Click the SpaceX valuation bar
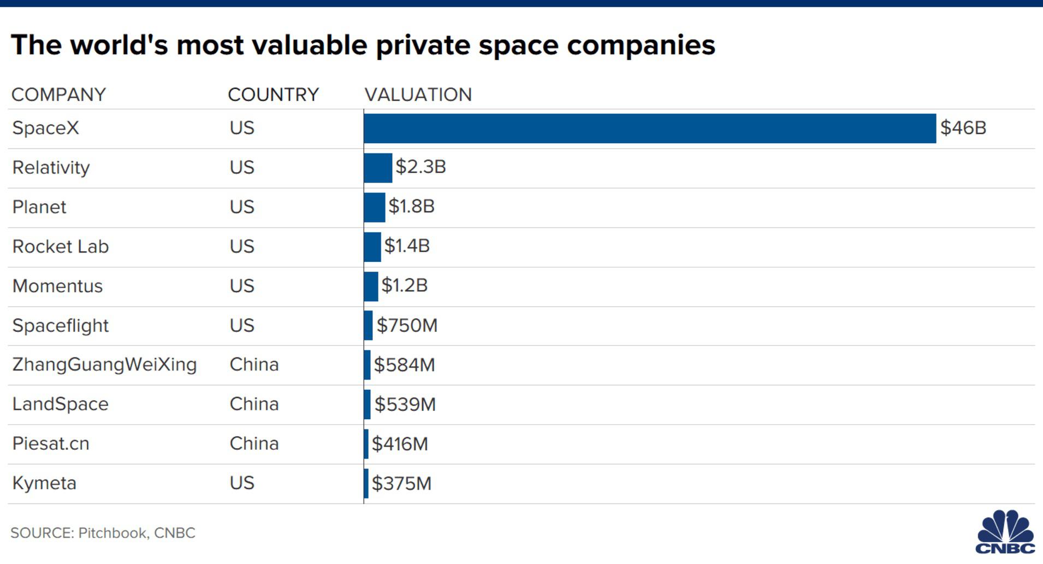click(649, 128)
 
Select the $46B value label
click(963, 128)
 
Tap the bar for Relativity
click(377, 168)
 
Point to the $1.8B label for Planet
click(411, 207)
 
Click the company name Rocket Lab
click(60, 246)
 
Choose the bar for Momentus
click(371, 286)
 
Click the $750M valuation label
click(407, 325)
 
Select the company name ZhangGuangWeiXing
click(104, 365)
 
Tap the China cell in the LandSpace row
click(254, 404)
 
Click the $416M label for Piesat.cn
click(400, 444)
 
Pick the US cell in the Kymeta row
click(242, 483)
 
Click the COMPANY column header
click(58, 95)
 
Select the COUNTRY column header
click(273, 95)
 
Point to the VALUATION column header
click(418, 95)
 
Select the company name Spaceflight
click(60, 325)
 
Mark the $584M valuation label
click(404, 365)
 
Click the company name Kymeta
click(44, 483)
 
